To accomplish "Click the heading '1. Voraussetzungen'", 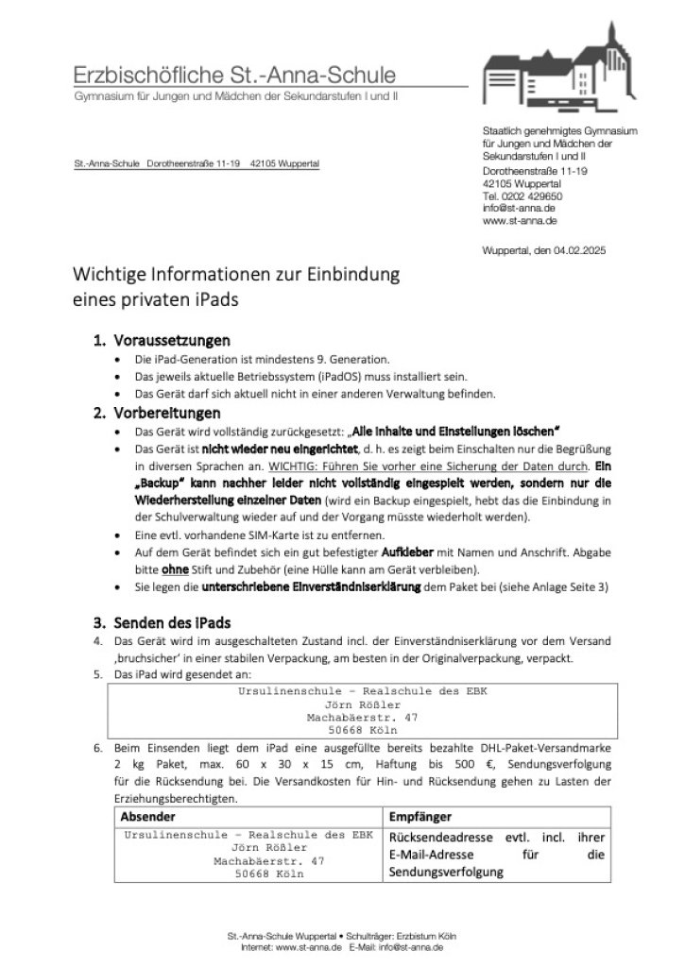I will pos(162,340).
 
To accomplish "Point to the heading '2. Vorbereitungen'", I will pos(157,413).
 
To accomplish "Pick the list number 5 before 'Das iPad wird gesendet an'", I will pos(96,675).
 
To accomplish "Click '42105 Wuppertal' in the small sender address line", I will pos(284,163).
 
